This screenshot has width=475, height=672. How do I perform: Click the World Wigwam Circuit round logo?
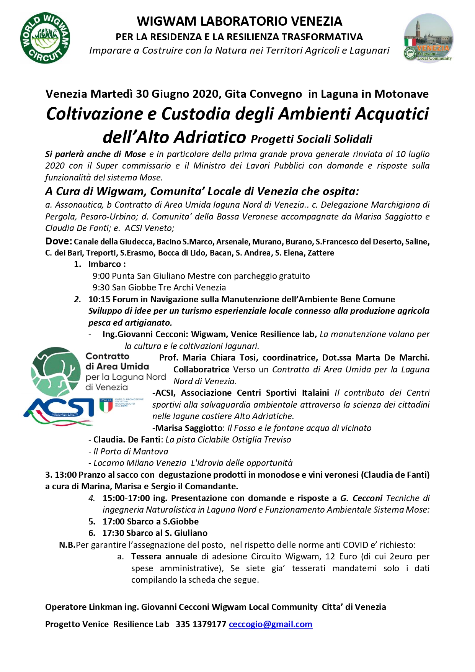tap(45, 38)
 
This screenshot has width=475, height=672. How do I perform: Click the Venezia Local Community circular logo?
tap(428, 38)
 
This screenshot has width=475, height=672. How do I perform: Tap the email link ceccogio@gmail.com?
tap(270, 624)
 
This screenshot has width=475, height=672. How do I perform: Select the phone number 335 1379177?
tap(201, 624)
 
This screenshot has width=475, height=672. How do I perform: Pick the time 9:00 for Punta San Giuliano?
tap(101, 276)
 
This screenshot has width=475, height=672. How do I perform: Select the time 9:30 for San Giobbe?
tap(101, 287)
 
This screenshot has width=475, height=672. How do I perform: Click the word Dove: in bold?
tap(59, 241)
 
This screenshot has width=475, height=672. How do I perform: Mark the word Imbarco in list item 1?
tap(104, 264)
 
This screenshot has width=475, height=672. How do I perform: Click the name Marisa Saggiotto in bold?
tap(189, 428)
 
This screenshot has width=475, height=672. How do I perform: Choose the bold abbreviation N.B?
tap(67, 545)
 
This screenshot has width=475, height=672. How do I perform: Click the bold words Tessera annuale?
tap(164, 556)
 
